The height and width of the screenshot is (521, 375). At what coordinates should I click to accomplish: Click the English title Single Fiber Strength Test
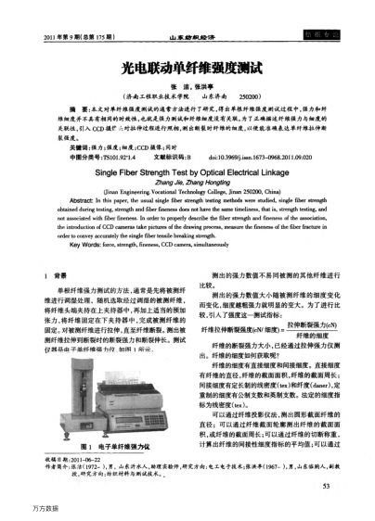pos(187,146)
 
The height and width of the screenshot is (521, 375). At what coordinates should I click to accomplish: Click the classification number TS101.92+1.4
pos(103,133)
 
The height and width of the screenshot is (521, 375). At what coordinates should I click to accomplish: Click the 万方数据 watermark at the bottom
pos(28,507)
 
